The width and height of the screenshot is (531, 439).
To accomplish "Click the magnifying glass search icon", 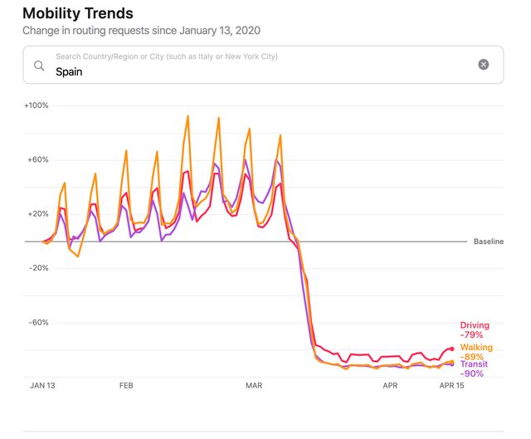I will [39, 66].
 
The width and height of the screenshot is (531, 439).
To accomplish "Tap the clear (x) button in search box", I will [484, 65].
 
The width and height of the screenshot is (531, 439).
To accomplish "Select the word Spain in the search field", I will [69, 71].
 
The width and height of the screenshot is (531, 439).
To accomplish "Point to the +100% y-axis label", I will [37, 105].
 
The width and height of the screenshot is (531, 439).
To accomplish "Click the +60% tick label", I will [38, 159].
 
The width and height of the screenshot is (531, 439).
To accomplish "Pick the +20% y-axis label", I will [38, 213].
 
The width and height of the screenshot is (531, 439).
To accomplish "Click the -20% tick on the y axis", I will [38, 268].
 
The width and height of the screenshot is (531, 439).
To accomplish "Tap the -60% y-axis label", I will [38, 322].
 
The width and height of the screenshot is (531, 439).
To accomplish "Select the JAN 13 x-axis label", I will [43, 386].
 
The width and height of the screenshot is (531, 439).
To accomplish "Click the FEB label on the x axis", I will [126, 386].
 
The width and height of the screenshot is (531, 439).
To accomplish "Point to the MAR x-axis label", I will [253, 386].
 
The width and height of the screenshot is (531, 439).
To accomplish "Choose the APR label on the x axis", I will [390, 386].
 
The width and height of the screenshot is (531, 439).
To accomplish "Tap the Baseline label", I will [489, 241].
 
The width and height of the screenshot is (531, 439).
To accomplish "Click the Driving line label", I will [475, 325].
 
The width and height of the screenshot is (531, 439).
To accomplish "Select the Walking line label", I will [476, 348].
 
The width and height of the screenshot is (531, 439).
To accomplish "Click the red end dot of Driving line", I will [451, 349].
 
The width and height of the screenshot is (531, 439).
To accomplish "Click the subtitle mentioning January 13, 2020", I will [142, 31].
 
